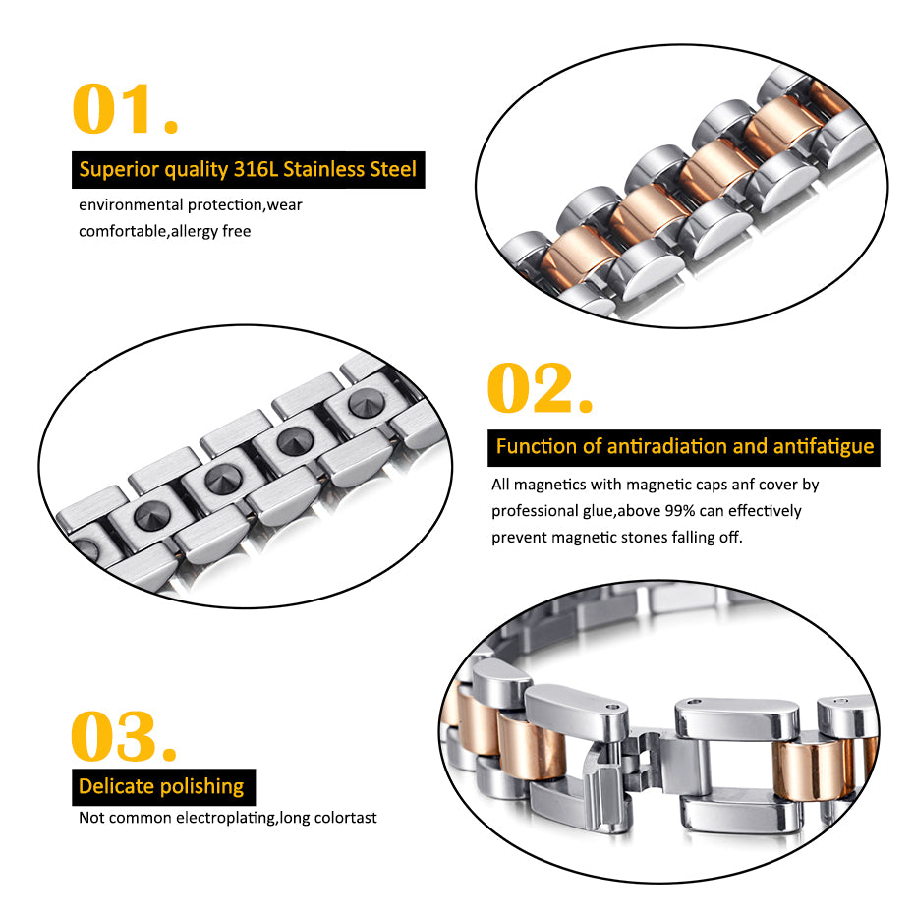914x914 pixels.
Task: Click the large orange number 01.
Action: [126, 111]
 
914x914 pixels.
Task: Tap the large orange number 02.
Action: [540, 390]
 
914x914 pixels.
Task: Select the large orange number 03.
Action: [124, 737]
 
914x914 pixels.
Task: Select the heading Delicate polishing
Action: [161, 786]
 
